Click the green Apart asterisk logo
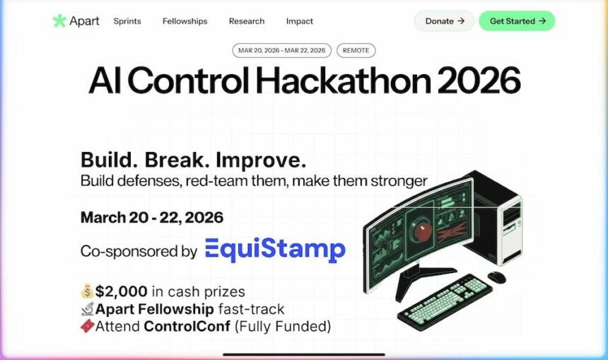point(59,21)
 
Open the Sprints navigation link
point(127,21)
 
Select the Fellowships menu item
point(185,21)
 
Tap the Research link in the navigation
point(247,21)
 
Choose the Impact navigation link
point(299,21)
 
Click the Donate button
point(445,21)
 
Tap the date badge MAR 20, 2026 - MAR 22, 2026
point(282,50)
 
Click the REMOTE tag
point(356,50)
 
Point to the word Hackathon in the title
point(344,81)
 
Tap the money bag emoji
point(87,291)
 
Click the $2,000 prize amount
point(122,291)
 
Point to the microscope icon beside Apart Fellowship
point(88,309)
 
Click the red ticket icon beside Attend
point(88,326)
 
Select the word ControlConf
point(187,326)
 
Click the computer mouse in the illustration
point(497,277)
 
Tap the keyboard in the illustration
point(445,302)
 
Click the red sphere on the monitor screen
point(422,232)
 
